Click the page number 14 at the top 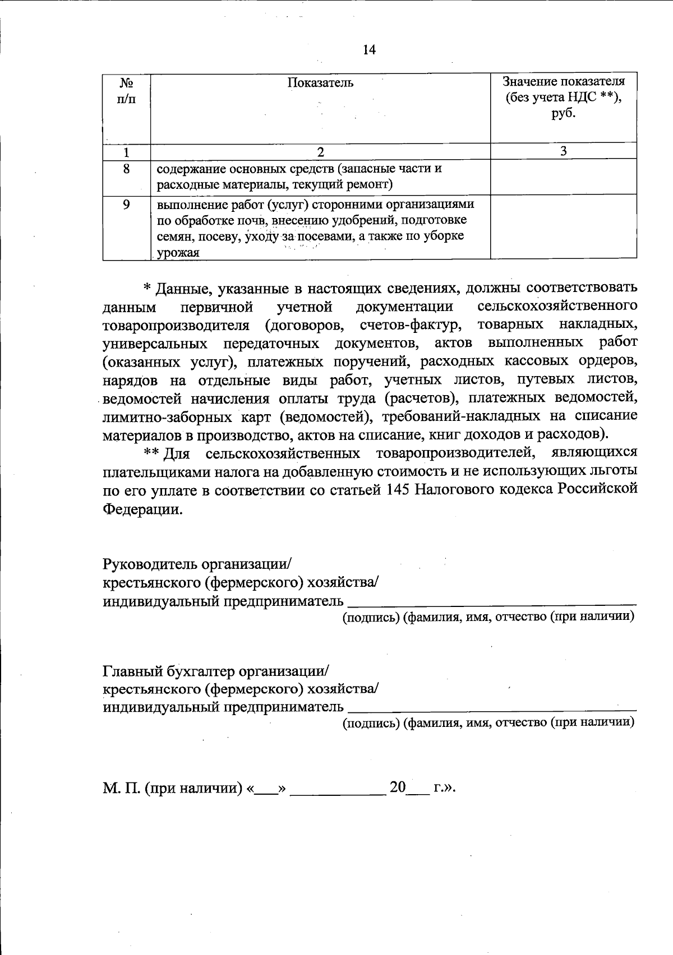[x=369, y=50]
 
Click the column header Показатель [x=320, y=83]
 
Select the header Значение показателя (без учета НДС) [x=563, y=96]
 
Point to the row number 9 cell [x=126, y=205]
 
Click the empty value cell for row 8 [x=563, y=177]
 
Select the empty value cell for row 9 [x=563, y=226]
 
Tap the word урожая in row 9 [x=178, y=253]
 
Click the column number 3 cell [x=563, y=151]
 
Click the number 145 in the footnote [x=400, y=490]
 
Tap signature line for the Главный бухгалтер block [x=492, y=708]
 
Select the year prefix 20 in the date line [x=397, y=787]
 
